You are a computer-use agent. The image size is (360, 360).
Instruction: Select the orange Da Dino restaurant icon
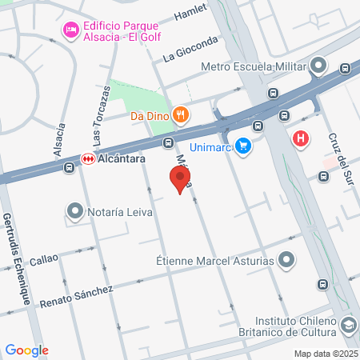(182, 114)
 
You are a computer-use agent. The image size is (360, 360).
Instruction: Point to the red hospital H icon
(302, 138)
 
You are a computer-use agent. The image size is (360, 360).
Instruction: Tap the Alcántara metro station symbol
(87, 159)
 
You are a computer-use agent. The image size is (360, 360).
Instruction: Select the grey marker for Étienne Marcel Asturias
(288, 260)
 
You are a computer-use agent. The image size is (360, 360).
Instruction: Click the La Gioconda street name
(190, 49)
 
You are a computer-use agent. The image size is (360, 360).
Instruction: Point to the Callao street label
(44, 261)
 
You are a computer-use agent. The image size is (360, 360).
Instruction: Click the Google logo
(26, 350)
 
